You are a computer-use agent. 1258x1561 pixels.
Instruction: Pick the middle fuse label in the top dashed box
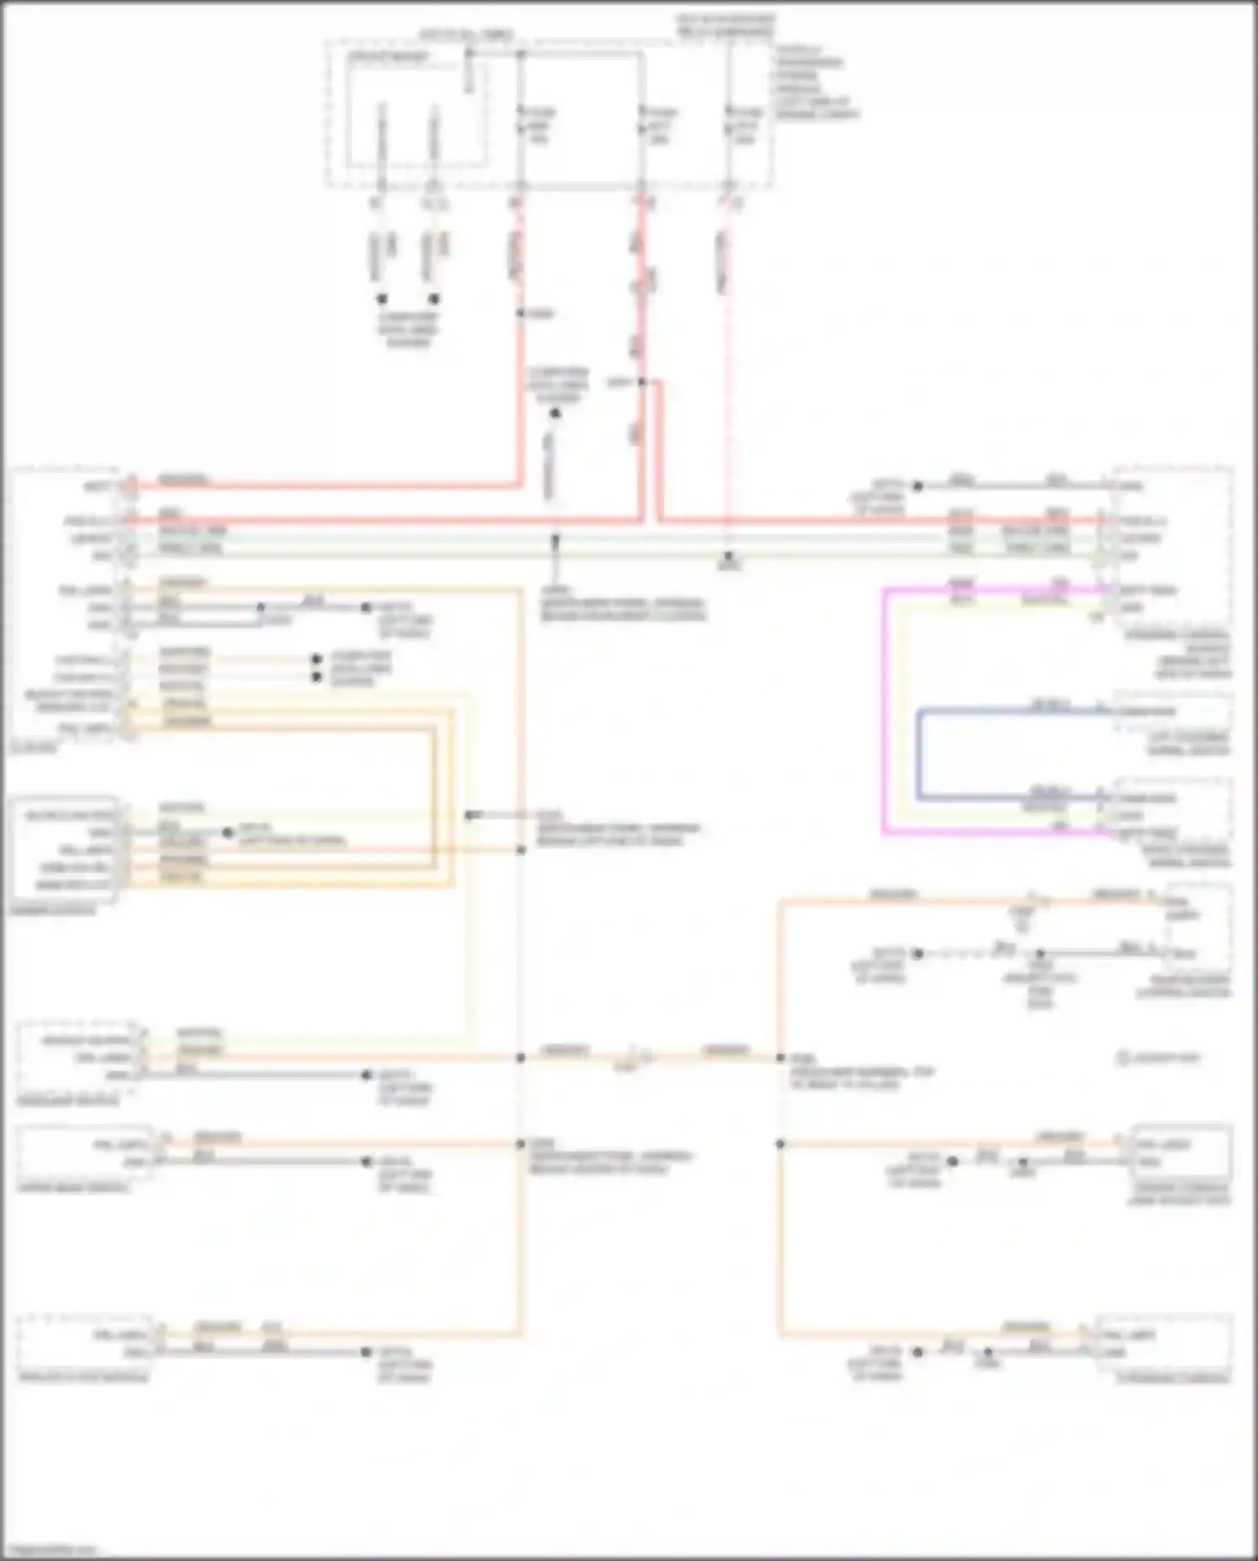coord(659,125)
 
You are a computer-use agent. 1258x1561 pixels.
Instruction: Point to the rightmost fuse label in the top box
coord(746,125)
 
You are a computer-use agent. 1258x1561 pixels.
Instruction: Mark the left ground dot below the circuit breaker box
coord(382,299)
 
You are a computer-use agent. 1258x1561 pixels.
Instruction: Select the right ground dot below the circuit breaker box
coord(434,299)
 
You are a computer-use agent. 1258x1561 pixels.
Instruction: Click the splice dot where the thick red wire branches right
coord(642,382)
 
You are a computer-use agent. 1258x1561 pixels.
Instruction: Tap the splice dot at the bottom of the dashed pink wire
coord(729,556)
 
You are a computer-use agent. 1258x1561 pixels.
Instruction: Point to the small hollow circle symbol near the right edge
coord(1123,1059)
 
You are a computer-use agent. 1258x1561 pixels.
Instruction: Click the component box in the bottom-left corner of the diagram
coord(84,1342)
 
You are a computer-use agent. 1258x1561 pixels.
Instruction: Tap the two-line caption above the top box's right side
coord(725,25)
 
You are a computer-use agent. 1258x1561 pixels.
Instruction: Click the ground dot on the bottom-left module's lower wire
coord(366,1352)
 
